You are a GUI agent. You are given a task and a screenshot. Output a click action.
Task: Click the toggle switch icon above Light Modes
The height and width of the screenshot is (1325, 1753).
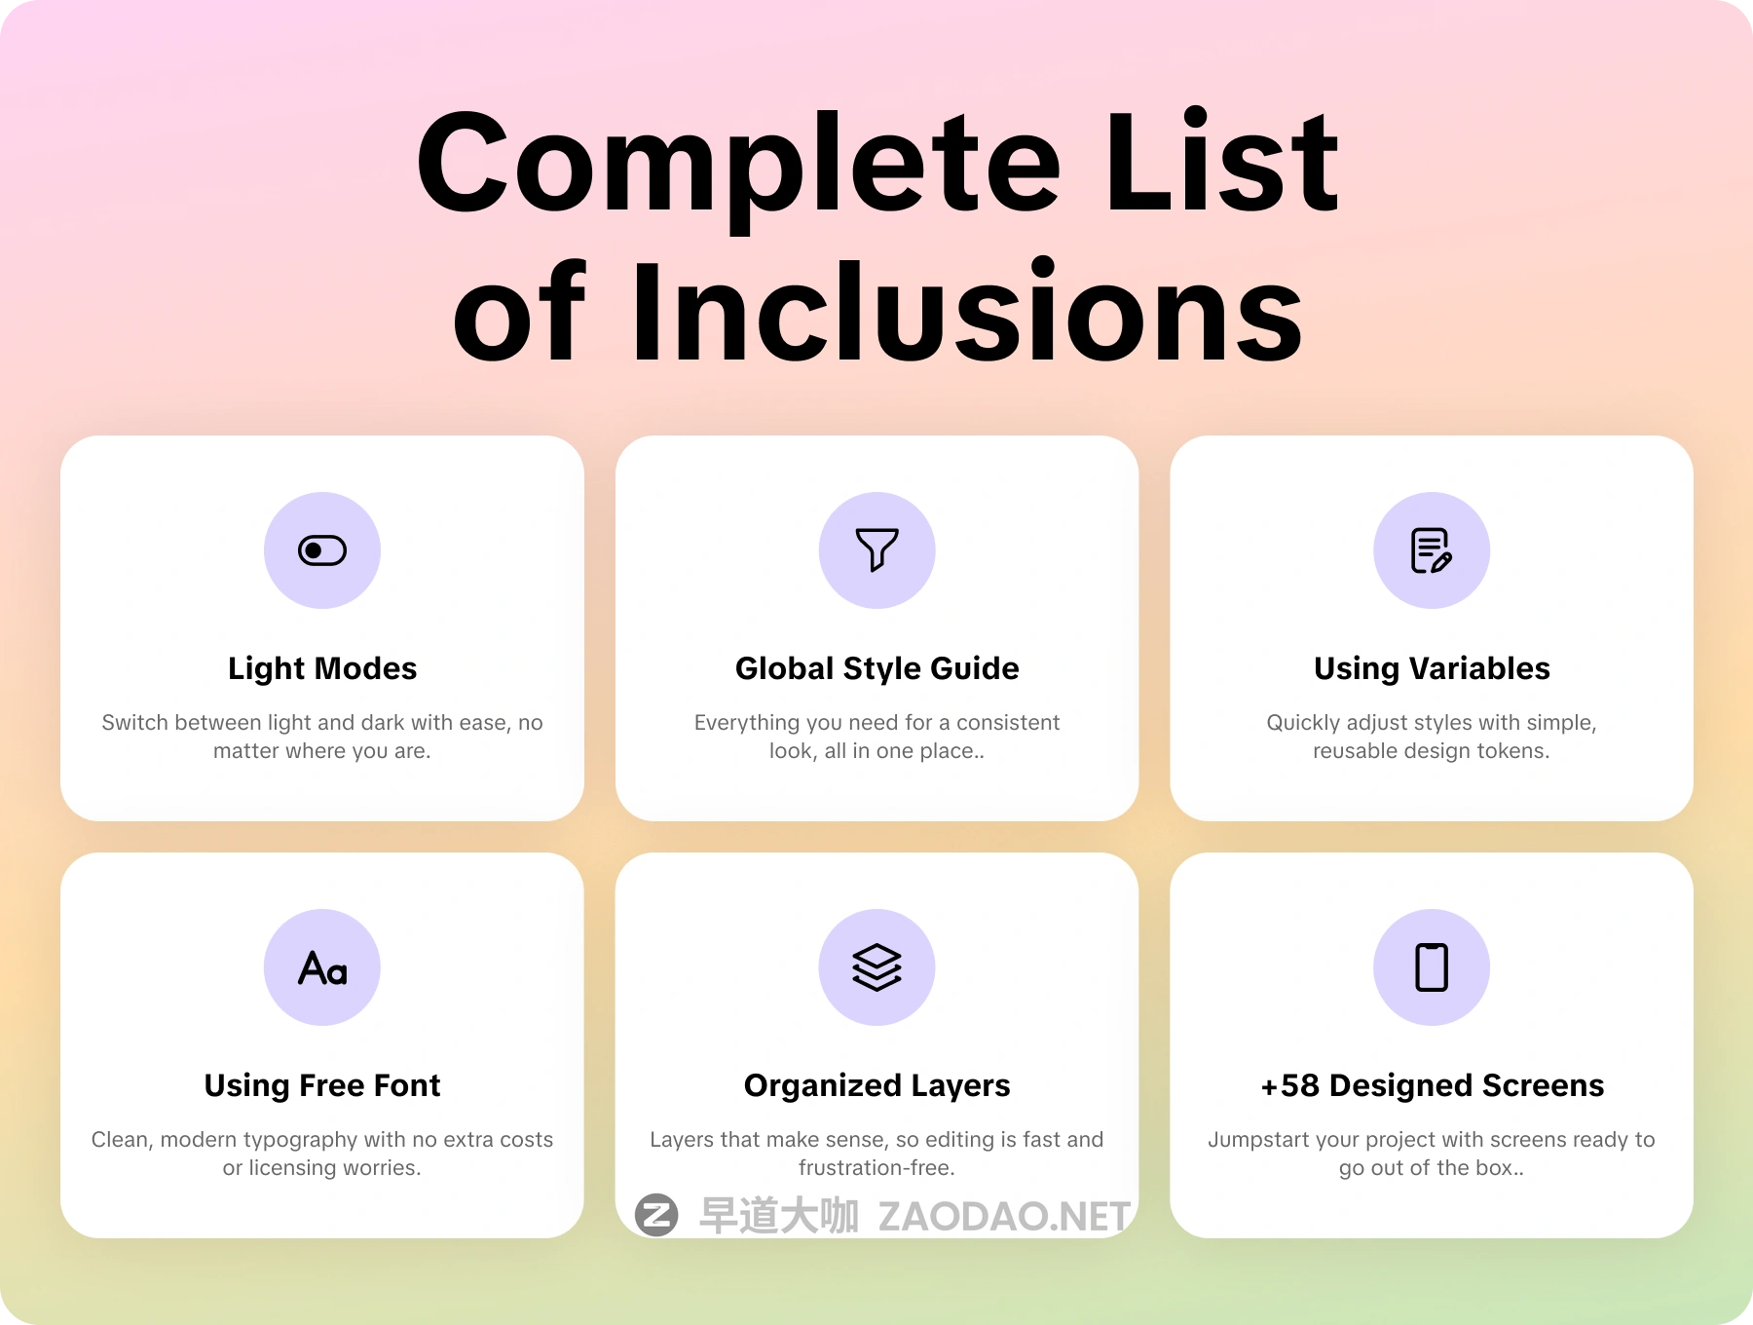322,550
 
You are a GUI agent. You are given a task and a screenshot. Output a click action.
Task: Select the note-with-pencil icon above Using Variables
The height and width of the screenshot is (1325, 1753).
1432,550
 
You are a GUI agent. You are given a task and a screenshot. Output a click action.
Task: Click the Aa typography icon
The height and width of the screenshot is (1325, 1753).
322,967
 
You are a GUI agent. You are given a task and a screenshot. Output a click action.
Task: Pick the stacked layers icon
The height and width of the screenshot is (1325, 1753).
876,967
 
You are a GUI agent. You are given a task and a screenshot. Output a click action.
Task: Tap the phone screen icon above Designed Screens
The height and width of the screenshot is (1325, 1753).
1432,967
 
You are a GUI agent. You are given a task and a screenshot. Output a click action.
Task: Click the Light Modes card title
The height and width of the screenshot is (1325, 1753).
322,669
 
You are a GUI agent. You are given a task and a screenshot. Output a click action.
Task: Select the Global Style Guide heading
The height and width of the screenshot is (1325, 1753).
876,669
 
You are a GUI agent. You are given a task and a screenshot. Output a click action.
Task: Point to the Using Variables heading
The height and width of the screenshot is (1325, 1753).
1432,669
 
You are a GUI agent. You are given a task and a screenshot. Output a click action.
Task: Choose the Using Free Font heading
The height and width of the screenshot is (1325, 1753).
322,1086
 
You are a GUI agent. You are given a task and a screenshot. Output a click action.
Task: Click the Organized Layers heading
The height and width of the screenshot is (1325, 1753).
876,1086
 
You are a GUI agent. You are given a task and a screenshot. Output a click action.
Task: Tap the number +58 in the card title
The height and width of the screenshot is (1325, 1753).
1289,1086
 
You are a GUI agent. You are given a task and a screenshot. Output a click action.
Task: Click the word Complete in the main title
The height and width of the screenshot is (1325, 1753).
738,164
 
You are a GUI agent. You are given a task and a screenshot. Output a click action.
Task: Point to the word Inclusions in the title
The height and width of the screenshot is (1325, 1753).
967,313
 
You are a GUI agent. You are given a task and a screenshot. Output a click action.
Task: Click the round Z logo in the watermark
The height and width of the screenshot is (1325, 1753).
656,1215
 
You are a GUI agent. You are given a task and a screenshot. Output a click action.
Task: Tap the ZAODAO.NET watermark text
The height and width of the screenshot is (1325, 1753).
1004,1216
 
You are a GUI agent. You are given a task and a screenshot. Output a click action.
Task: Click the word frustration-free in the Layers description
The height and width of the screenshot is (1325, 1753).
876,1167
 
